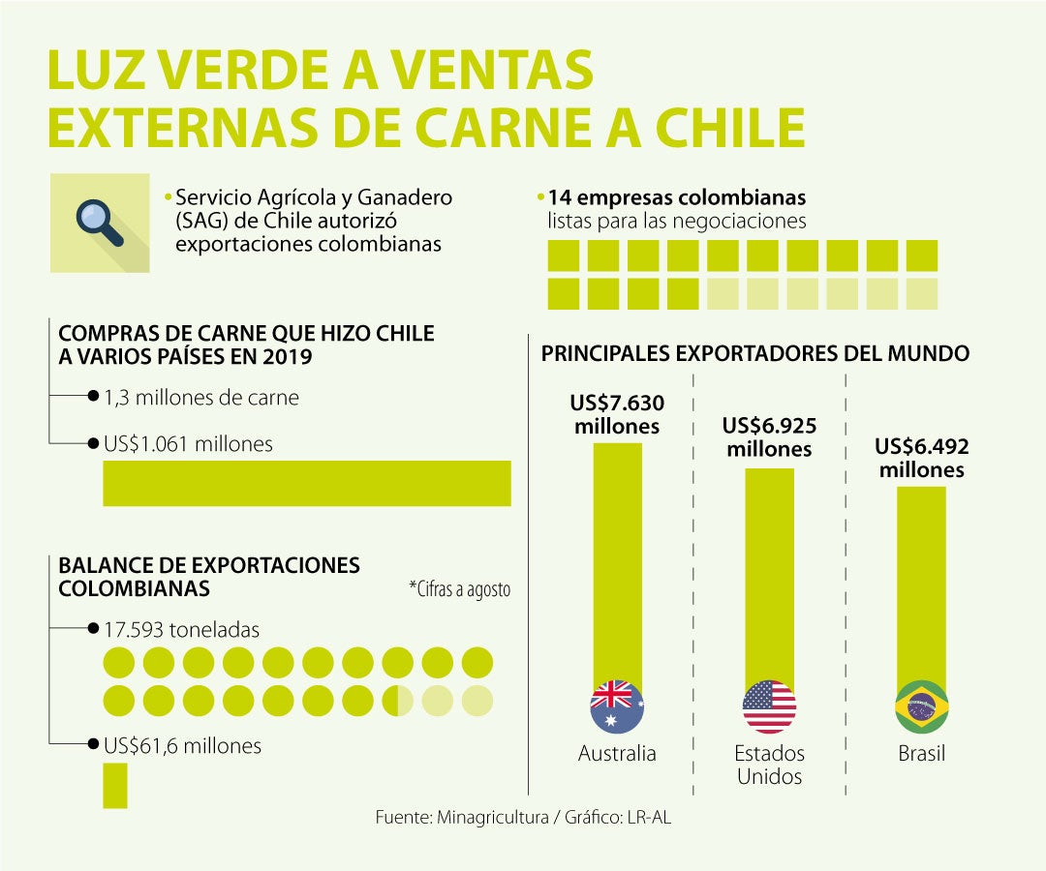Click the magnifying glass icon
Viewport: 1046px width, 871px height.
pos(100,222)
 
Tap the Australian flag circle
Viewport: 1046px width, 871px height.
pos(617,706)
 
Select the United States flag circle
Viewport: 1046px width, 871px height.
pos(769,706)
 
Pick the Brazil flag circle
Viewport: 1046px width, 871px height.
pos(921,706)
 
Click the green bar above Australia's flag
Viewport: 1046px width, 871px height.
pos(617,561)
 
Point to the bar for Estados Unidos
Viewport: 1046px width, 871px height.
pos(769,576)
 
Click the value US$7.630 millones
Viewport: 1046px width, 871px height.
pos(617,414)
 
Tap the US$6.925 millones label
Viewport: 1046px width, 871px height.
pos(769,437)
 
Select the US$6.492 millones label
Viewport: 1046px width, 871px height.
pos(921,458)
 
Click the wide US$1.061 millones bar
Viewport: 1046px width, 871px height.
pos(306,483)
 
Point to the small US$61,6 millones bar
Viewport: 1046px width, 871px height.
pos(114,785)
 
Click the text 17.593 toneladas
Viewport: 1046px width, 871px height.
pos(181,630)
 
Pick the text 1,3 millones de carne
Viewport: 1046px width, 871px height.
pos(200,397)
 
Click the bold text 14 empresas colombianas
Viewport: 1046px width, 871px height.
pos(676,197)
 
